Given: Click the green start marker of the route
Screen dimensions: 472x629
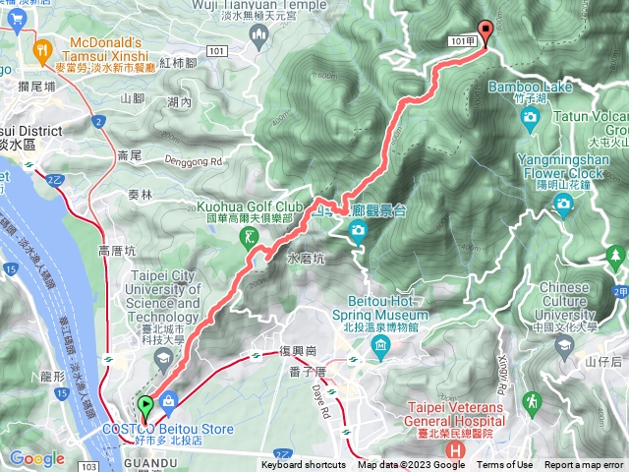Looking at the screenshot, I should click(145, 404).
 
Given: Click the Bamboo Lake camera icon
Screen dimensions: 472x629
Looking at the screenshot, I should click(531, 119).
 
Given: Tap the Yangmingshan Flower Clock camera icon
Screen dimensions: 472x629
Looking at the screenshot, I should click(563, 203).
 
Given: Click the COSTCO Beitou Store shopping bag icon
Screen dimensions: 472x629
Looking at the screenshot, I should click(170, 401).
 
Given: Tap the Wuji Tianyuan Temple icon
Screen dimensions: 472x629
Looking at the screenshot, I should click(259, 36).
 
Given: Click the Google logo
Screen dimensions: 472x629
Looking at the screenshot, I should click(36, 458).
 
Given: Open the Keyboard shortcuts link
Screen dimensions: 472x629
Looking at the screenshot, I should click(304, 465).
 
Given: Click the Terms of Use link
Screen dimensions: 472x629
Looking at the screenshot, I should click(505, 465).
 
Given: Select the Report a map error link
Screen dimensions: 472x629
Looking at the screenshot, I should click(584, 465).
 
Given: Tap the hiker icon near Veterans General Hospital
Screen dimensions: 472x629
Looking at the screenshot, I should click(531, 401).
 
